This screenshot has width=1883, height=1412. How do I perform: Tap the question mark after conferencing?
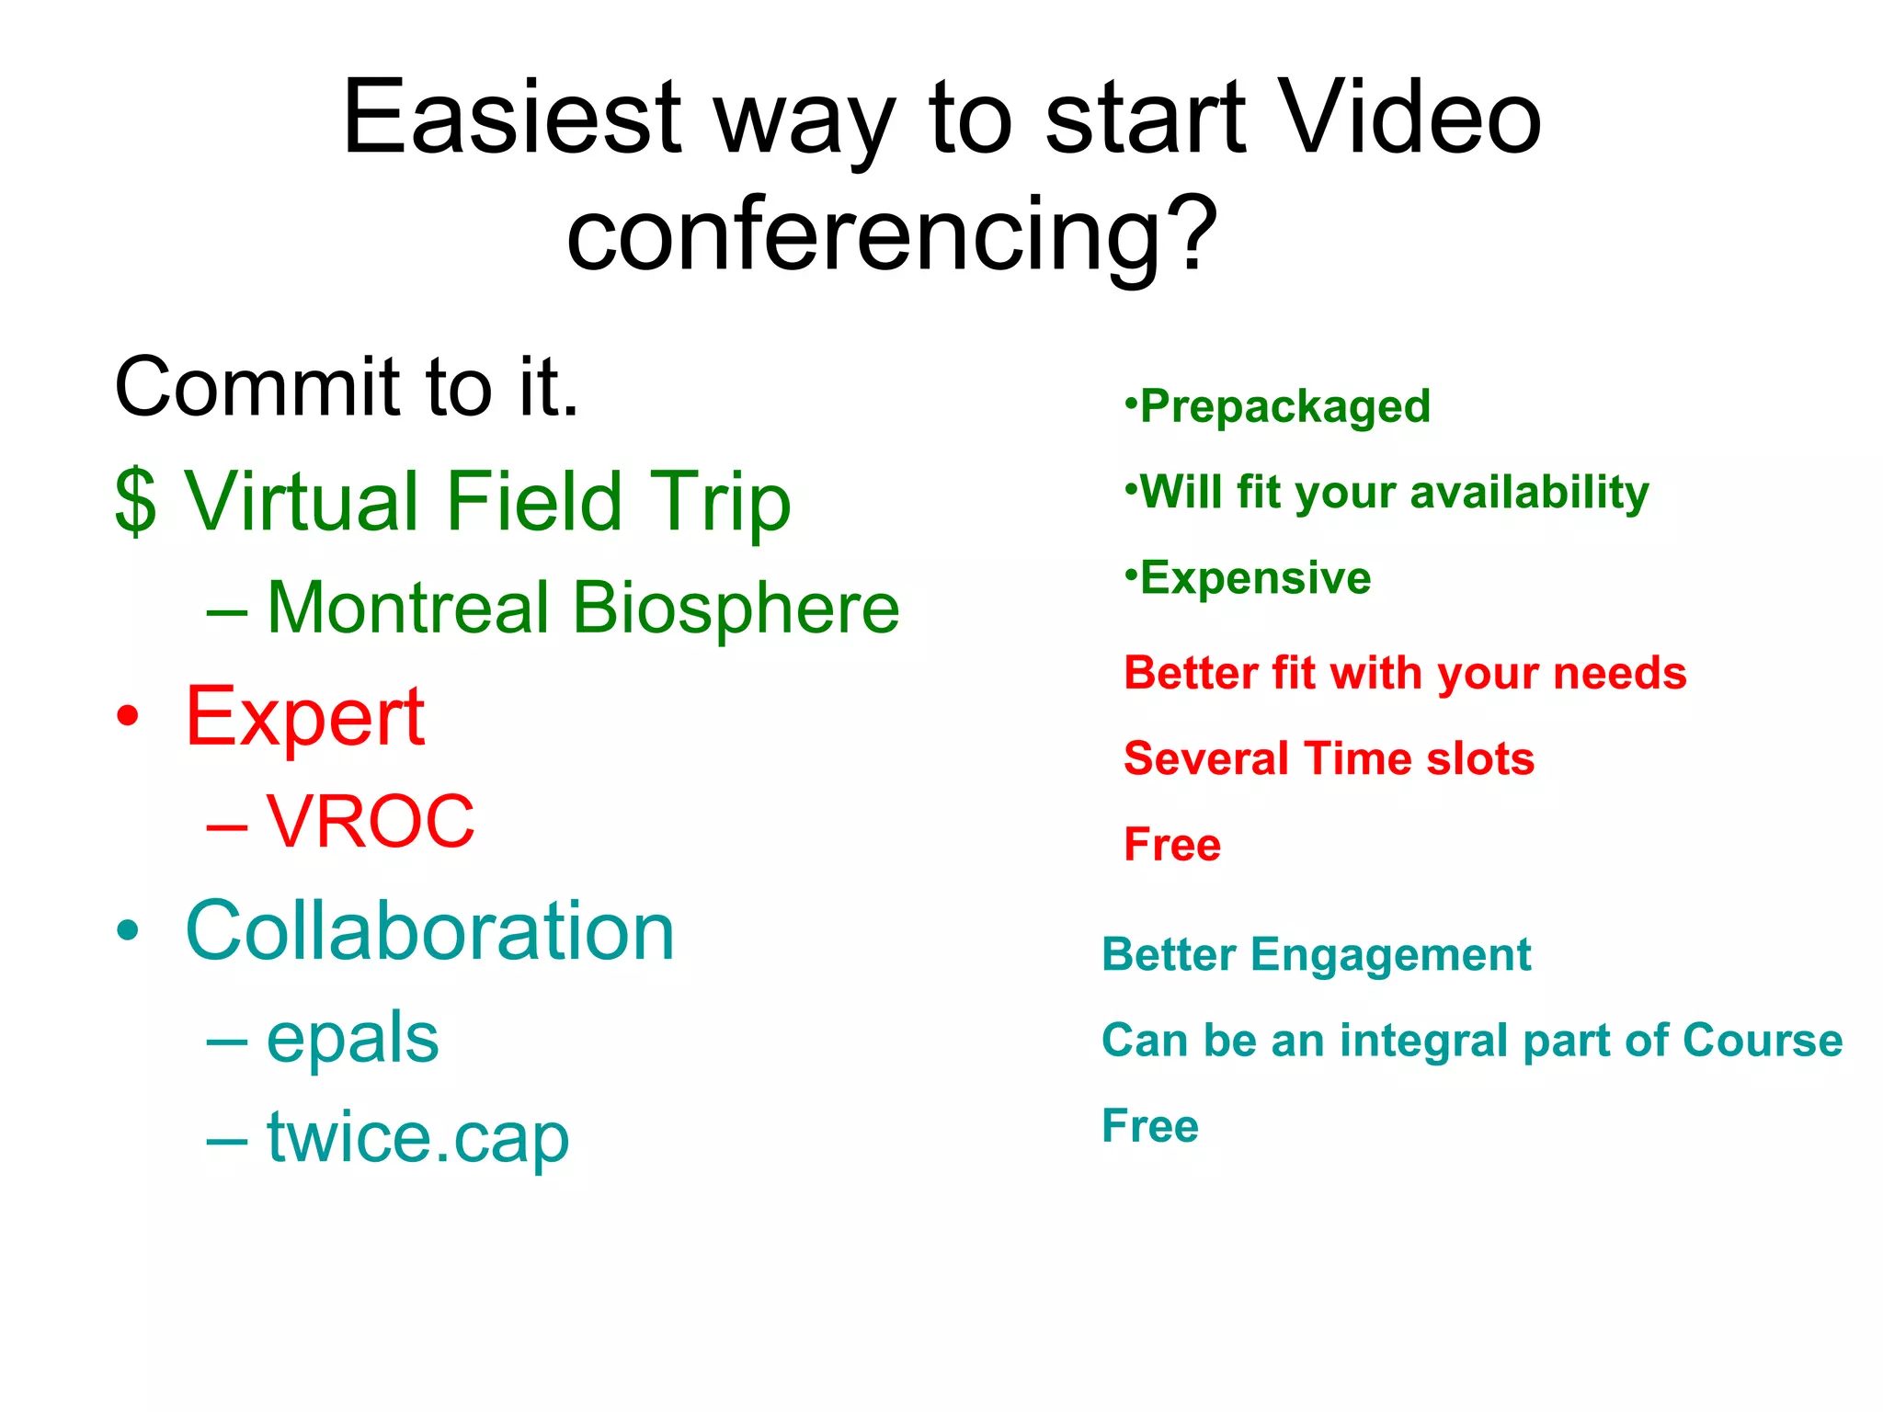point(1193,234)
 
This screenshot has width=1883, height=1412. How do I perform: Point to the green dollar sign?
point(136,502)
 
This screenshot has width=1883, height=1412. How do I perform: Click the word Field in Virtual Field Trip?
point(534,502)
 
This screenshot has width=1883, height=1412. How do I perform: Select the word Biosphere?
point(736,609)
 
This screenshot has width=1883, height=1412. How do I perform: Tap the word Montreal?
point(407,609)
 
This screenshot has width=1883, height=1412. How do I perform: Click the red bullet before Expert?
point(129,717)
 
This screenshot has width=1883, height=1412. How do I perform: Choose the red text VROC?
point(371,821)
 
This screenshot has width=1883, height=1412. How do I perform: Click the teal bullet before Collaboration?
point(129,931)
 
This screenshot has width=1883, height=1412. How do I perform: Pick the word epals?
point(352,1039)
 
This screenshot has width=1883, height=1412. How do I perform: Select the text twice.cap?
point(417,1138)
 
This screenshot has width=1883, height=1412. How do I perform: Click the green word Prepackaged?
point(1284,406)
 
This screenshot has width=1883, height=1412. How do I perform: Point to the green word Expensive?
point(1255,578)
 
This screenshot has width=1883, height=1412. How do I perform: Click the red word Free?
point(1172,844)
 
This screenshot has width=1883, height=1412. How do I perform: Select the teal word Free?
point(1150,1126)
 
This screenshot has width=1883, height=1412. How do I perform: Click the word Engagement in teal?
point(1390,955)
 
